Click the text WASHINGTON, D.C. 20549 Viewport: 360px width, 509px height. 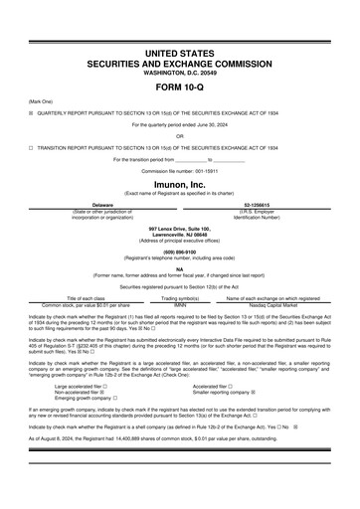179,69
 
